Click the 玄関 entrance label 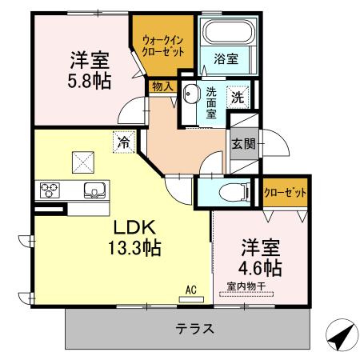243,145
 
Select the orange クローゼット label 286,192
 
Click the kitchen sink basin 94,190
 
